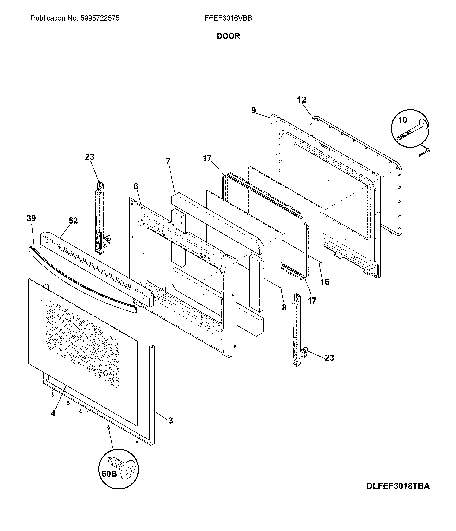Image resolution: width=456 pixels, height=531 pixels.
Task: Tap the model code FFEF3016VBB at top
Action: coord(228,18)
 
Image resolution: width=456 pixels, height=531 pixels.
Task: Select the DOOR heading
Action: coord(228,36)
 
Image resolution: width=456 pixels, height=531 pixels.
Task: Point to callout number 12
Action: coord(302,100)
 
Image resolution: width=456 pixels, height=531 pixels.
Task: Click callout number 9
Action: coord(253,110)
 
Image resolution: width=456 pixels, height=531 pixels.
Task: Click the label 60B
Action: coord(109,474)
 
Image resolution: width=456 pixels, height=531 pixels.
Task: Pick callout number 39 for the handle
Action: coord(31,218)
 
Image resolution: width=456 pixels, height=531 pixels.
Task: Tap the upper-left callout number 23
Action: coord(90,157)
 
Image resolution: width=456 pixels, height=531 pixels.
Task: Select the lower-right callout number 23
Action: coord(329,358)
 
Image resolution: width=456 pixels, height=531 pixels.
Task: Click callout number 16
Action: coord(325,282)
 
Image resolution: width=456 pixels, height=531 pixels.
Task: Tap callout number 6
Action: coord(136,187)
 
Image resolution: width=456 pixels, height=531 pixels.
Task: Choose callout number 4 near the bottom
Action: coord(53,413)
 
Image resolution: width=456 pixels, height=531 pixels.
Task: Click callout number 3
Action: coord(171,421)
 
